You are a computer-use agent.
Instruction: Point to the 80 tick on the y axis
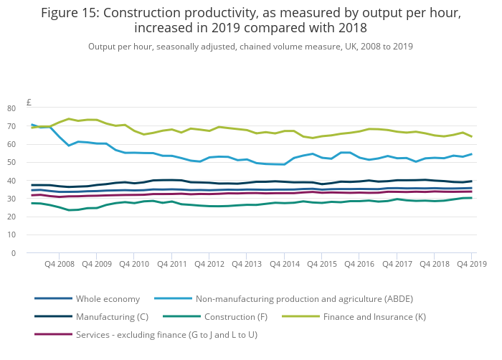(x=31, y=108)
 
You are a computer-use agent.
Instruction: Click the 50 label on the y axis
(x=31, y=163)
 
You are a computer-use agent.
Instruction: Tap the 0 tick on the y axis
(x=33, y=253)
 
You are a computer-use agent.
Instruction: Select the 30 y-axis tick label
(x=31, y=199)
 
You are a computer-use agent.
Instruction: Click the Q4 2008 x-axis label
(x=60, y=265)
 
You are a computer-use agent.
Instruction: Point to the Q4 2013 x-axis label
(x=247, y=265)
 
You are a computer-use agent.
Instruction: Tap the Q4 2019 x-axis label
(x=471, y=265)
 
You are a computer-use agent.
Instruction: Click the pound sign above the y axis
(x=29, y=102)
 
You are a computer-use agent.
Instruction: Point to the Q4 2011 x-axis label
(x=172, y=265)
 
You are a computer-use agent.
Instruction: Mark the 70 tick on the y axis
(x=31, y=126)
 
